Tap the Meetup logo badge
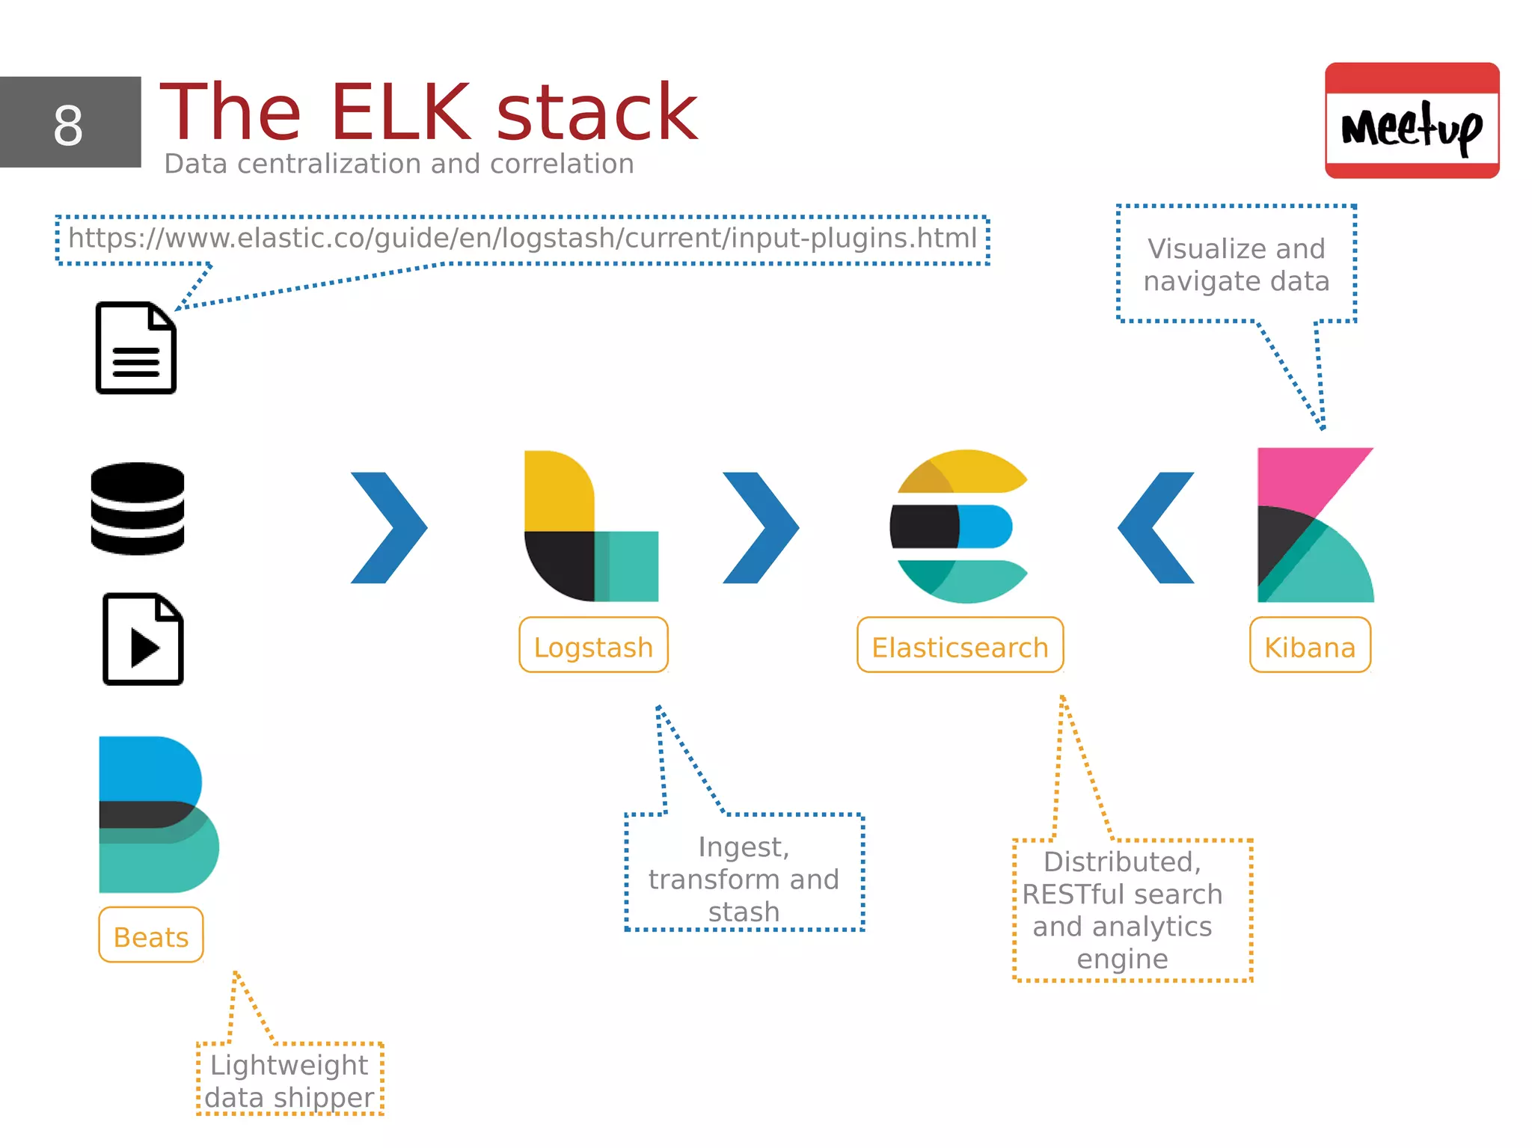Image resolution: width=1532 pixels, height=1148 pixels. [x=1412, y=120]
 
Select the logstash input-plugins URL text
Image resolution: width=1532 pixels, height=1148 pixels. [x=522, y=239]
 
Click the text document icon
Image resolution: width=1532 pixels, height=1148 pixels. [x=136, y=348]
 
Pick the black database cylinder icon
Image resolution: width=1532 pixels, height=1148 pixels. [x=138, y=509]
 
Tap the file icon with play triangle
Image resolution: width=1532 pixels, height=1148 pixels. [x=143, y=639]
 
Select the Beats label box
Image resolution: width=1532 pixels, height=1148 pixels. [x=151, y=936]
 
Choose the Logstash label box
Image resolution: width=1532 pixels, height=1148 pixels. [x=593, y=645]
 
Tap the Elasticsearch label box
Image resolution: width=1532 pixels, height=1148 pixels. [x=960, y=645]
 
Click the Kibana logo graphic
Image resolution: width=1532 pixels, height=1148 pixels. [x=1314, y=525]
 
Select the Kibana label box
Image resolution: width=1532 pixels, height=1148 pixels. [x=1310, y=645]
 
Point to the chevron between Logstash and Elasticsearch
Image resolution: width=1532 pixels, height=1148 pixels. [x=761, y=527]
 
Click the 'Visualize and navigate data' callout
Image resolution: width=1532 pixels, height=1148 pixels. [x=1236, y=265]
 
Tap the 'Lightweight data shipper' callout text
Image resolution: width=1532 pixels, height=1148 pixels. [x=289, y=1081]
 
